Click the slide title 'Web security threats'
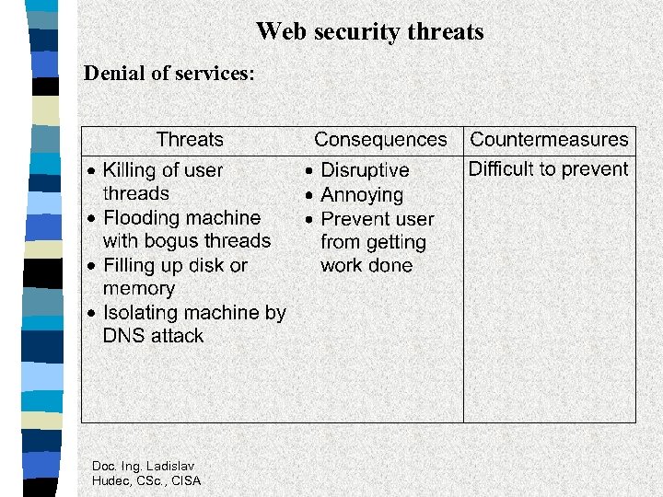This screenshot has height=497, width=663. [x=369, y=31]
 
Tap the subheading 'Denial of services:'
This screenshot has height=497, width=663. [x=169, y=74]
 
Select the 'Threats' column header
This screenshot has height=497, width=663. [x=190, y=140]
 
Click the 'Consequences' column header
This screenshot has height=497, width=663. [x=380, y=140]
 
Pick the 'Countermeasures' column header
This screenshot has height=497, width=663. [x=549, y=140]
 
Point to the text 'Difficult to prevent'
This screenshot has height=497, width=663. [x=548, y=169]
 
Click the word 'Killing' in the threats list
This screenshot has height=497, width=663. [x=129, y=170]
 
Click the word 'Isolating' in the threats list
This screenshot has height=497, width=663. [x=142, y=313]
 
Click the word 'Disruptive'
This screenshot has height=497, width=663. [x=365, y=170]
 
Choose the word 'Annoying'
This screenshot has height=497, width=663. [x=362, y=195]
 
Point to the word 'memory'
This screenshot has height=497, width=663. [x=139, y=289]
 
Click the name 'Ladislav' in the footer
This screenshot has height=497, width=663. [x=171, y=466]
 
